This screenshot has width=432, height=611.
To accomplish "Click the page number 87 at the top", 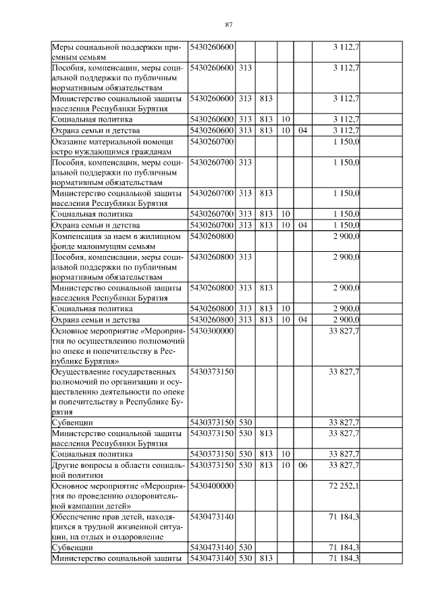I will [228, 25].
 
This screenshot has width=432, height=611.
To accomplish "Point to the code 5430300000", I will [212, 330].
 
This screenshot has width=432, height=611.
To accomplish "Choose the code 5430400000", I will [212, 485].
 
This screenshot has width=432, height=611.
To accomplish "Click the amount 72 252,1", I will [344, 485].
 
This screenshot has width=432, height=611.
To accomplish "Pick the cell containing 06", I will [302, 465].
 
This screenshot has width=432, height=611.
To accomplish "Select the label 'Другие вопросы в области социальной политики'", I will [119, 470].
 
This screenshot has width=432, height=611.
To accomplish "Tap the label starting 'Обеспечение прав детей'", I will [119, 526].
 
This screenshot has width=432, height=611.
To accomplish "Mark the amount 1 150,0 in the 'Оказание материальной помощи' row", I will [346, 142].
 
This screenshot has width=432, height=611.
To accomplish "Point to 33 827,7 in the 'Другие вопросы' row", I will [344, 465].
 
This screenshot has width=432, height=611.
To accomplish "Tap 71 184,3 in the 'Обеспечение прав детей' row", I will [344, 516].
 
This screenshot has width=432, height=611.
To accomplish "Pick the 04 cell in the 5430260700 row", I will [302, 224].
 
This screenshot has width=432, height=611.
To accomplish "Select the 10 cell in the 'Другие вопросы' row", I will [285, 465].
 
